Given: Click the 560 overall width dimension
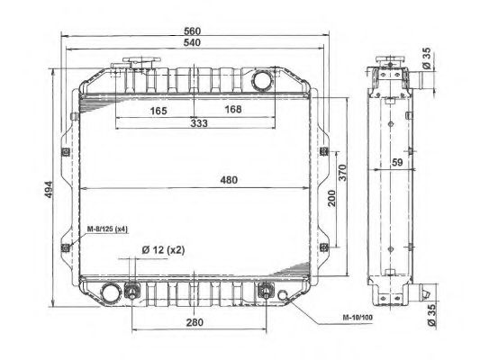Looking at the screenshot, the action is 192,31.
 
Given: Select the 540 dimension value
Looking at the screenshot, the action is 192,42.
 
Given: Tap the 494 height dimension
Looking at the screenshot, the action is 49,189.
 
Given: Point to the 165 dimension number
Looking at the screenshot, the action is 158,111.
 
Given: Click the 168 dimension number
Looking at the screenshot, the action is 233,109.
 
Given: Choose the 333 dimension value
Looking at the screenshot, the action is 199,123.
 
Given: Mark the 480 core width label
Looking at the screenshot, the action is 229,180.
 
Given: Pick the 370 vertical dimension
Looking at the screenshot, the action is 342,173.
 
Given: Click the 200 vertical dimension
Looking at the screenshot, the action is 331,198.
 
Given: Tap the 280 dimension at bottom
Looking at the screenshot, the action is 195,322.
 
